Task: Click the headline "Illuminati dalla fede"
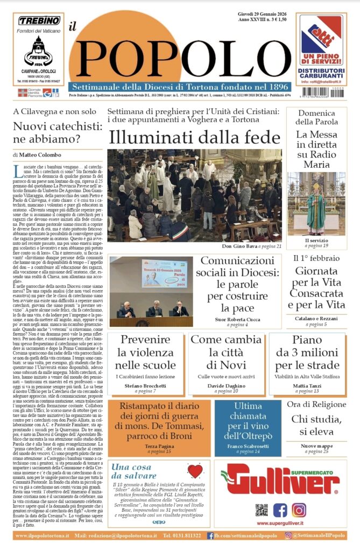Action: coord(194,137)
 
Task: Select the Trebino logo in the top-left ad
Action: coord(39,21)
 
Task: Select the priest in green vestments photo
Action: coord(316,203)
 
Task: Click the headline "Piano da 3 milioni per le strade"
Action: coord(307,352)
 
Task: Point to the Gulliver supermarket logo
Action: coord(279,479)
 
